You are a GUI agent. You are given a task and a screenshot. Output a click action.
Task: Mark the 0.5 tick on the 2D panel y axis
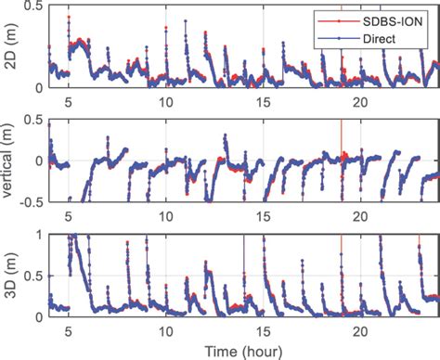click(x=32, y=6)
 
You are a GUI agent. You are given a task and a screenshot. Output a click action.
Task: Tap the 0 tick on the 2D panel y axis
click(x=38, y=87)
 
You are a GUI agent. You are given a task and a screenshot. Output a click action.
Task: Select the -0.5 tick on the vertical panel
click(x=31, y=200)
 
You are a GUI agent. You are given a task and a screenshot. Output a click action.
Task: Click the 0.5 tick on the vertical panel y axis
click(x=32, y=121)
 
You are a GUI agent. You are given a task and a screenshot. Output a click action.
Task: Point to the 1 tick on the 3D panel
click(x=38, y=236)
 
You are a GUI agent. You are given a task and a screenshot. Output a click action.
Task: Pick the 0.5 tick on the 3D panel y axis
click(x=32, y=276)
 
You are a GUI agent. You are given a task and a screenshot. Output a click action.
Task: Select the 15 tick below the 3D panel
click(x=264, y=328)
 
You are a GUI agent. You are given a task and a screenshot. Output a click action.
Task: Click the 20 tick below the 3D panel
click(x=361, y=328)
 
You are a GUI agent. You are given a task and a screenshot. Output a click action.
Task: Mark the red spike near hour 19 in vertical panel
click(x=342, y=130)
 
